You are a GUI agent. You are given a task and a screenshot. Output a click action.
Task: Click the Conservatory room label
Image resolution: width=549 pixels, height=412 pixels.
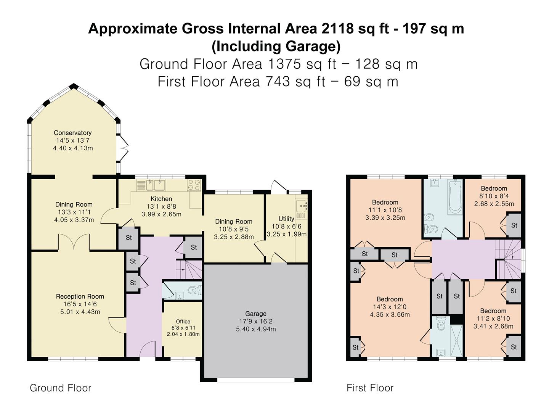tap(73, 133)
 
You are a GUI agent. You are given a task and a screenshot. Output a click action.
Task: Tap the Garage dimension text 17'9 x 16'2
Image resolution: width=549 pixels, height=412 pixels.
tap(255, 322)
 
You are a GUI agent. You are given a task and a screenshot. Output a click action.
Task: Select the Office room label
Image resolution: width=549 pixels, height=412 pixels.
tap(183, 322)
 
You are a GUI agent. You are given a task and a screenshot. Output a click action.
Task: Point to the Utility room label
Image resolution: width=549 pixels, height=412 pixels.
tap(286, 219)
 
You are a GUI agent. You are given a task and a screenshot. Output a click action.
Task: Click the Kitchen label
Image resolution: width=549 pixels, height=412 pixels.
tap(161, 199)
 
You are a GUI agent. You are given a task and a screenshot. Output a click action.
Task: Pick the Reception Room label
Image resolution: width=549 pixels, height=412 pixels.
tap(80, 296)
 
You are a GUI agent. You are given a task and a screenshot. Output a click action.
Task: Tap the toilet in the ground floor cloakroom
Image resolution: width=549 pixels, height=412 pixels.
tap(194, 290)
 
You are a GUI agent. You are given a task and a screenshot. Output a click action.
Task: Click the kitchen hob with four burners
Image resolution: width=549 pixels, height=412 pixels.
tap(194, 185)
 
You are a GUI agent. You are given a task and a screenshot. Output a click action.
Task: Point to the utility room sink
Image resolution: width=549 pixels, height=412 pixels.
tap(302, 206)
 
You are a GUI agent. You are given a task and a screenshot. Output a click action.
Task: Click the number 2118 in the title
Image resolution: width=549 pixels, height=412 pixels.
tap(337, 29)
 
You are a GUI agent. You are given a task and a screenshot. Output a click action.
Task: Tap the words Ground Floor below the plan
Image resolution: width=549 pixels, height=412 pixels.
tap(61, 388)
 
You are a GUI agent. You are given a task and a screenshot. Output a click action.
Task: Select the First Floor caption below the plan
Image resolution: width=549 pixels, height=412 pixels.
tap(370, 388)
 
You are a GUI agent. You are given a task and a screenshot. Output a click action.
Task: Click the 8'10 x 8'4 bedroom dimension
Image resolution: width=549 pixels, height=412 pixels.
tap(494, 196)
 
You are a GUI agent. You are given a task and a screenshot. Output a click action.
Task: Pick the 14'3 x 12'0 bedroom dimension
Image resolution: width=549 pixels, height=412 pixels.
tap(390, 307)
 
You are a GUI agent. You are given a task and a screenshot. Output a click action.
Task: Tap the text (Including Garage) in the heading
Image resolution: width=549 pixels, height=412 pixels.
tap(276, 47)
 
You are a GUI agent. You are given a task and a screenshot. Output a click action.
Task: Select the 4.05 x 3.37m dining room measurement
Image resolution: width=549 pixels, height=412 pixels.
tap(74, 220)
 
